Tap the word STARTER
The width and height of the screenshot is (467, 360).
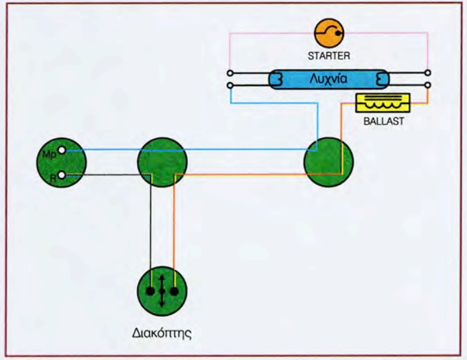[329, 55]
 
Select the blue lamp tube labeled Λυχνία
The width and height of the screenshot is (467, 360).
[329, 80]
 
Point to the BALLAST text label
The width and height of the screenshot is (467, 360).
[384, 121]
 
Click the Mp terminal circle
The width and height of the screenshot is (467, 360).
[62, 151]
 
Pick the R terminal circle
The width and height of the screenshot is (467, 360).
[62, 174]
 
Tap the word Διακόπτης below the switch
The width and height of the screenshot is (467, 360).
[162, 332]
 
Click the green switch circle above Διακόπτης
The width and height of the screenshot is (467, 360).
[162, 291]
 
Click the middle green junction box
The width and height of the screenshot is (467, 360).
[162, 162]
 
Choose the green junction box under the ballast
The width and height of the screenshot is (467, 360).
[329, 162]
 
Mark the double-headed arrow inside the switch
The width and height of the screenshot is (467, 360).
[162, 291]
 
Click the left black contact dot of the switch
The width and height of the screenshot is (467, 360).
[150, 291]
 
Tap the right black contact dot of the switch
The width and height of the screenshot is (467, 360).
[174, 291]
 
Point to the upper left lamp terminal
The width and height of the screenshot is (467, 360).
[230, 73]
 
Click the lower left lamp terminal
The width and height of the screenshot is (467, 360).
[230, 86]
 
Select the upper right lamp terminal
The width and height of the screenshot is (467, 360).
[428, 73]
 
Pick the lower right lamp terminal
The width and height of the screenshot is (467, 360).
[428, 86]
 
